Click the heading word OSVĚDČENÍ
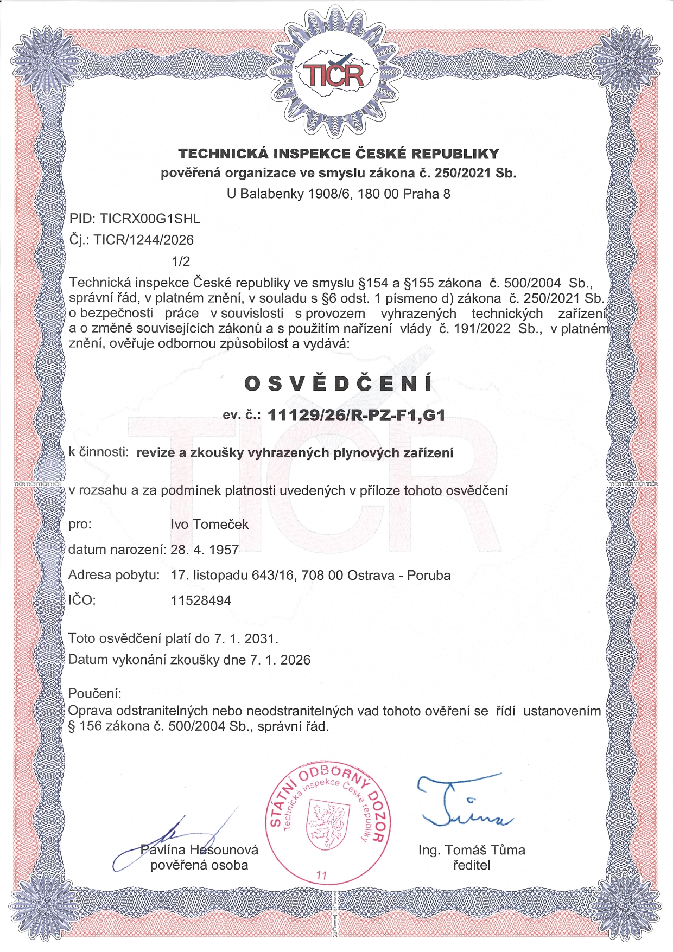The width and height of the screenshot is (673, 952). tap(338, 384)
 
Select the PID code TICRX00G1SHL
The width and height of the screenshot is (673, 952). tap(150, 219)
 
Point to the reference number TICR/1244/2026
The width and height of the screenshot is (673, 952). tap(144, 240)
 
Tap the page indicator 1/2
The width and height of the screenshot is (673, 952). tap(181, 261)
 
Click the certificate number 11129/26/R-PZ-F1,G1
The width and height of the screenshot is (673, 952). tap(357, 416)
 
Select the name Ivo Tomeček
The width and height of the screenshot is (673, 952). tap(209, 525)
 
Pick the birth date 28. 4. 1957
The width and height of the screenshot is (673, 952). tap(205, 550)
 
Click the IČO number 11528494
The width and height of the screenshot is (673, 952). tap(201, 600)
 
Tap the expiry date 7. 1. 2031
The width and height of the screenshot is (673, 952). tap(245, 638)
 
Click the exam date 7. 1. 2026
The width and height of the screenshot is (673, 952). tap(280, 660)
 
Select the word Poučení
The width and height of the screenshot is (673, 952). tap(94, 693)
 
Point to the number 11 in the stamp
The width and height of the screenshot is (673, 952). tap(321, 876)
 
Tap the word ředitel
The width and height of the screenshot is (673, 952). tap(471, 865)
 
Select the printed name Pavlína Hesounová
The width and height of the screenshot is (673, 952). tap(199, 850)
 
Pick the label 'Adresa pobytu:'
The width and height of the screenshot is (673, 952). tap(114, 575)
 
